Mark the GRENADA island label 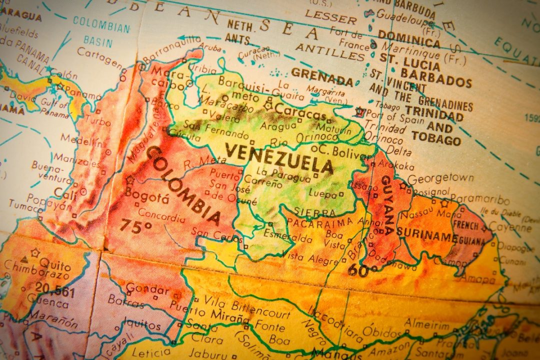click(x=322, y=76)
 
